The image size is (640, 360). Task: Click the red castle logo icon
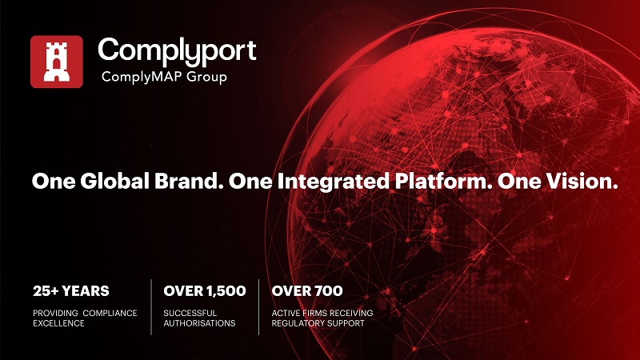(56, 62)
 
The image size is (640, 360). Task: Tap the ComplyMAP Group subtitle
(163, 77)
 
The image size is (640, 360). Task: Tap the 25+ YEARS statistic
(71, 290)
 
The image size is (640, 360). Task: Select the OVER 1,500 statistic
(204, 290)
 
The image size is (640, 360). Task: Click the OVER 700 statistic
(307, 290)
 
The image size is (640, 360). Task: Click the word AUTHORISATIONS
(199, 323)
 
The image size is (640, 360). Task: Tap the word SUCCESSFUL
(192, 311)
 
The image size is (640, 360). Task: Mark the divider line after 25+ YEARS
(151, 306)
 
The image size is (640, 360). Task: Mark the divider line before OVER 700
(259, 306)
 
